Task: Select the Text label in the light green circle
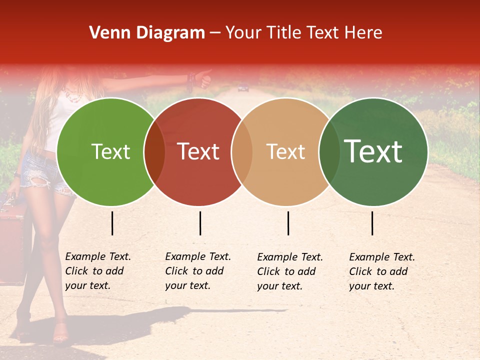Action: tap(110, 152)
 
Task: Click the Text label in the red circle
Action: tap(198, 152)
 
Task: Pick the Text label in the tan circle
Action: tap(286, 152)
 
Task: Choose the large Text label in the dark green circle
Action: tap(373, 151)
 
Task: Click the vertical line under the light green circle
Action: tap(112, 223)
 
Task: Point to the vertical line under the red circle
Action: tap(200, 223)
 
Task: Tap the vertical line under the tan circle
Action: tap(288, 223)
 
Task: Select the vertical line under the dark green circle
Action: tap(372, 223)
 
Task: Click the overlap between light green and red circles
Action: tap(154, 152)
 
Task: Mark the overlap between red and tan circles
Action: tap(242, 152)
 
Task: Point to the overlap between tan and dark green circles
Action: tap(329, 152)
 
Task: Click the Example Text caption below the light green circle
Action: tap(98, 271)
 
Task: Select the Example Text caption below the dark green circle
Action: tap(382, 271)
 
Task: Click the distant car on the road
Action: tap(243, 88)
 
